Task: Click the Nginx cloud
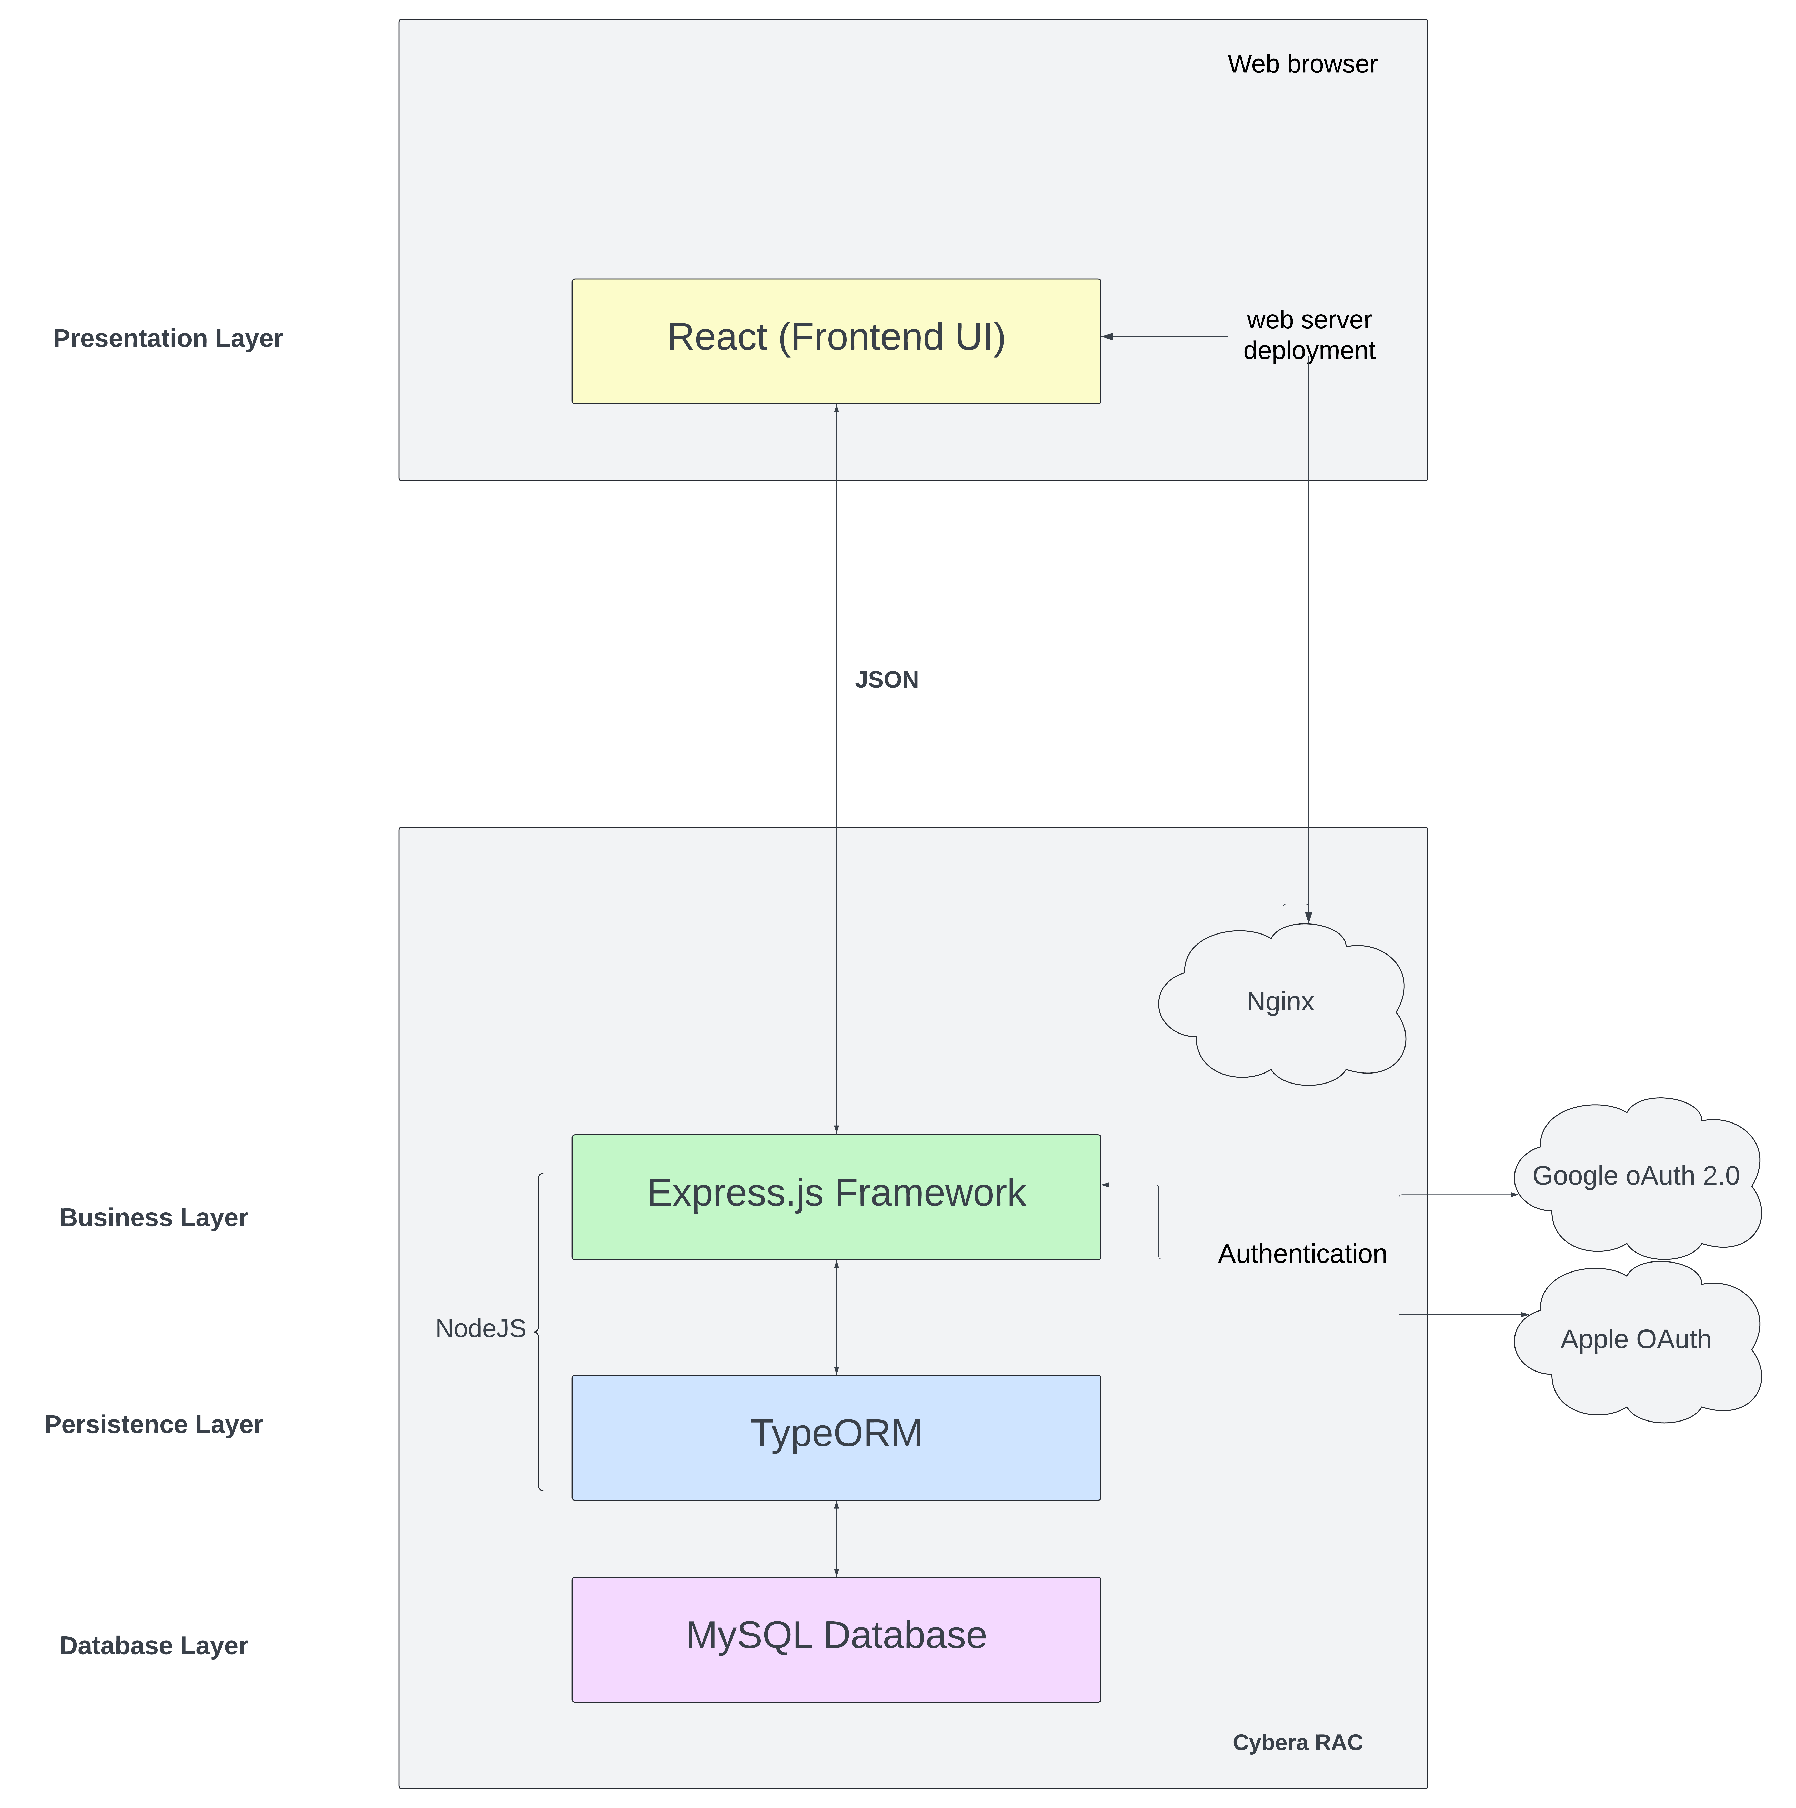[x=1281, y=1002]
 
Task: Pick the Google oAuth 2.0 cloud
[x=1636, y=1176]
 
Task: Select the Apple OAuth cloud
[x=1636, y=1340]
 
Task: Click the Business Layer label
[x=153, y=1217]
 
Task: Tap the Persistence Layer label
[x=153, y=1424]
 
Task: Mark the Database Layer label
[x=153, y=1645]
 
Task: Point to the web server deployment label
[x=1309, y=335]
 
